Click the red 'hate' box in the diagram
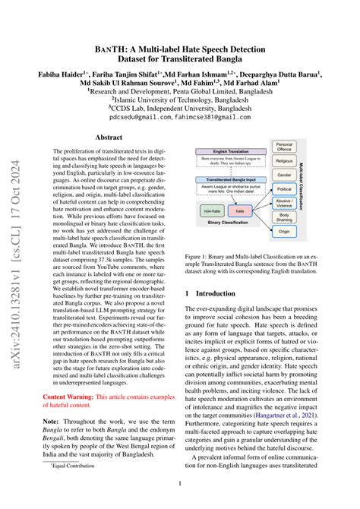(x=241, y=210)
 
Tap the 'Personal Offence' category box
(x=284, y=146)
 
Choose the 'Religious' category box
(x=284, y=160)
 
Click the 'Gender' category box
(x=284, y=174)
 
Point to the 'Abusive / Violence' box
(x=284, y=203)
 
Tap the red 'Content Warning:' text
(x=70, y=397)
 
